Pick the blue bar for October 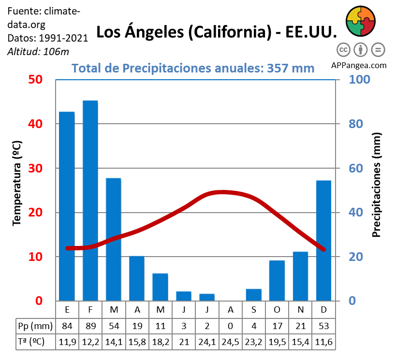[x=277, y=280]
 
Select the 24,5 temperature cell [x=230, y=342]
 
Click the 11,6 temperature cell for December [x=323, y=342]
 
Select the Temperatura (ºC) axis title [x=17, y=183]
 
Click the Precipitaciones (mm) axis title [x=377, y=185]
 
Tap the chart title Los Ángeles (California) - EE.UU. [x=216, y=32]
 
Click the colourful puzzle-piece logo [x=361, y=21]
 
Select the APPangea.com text [x=359, y=65]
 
